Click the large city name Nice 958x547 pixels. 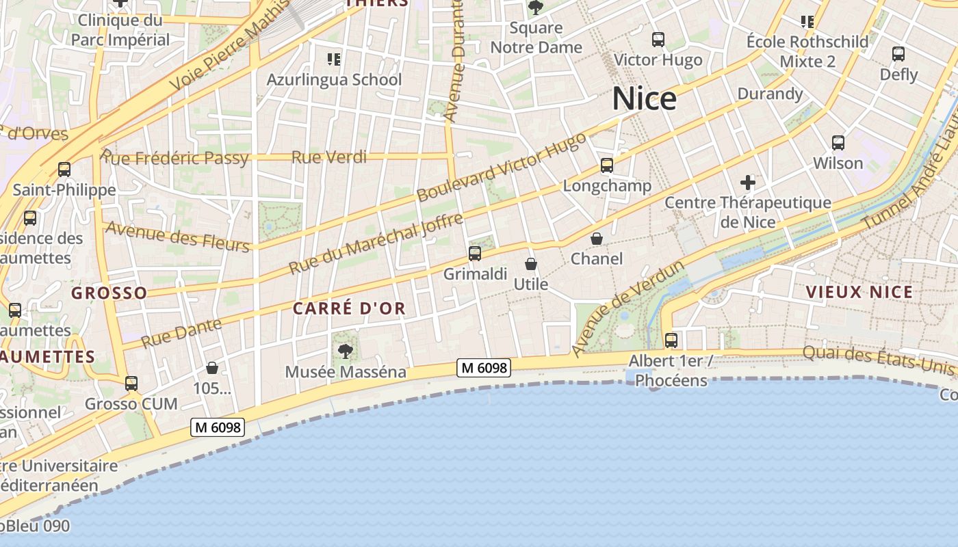click(x=644, y=99)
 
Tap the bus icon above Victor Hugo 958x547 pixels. click(x=658, y=40)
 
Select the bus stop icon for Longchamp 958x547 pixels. click(x=607, y=165)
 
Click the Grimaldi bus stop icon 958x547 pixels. click(x=475, y=254)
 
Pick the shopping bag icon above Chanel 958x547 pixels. click(x=597, y=239)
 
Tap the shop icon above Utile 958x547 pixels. click(x=531, y=263)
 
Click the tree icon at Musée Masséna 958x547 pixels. click(x=346, y=351)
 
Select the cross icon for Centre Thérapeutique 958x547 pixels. click(x=748, y=183)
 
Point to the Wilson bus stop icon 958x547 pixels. click(x=838, y=143)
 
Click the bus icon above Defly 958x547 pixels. click(x=898, y=54)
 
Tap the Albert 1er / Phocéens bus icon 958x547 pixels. click(x=671, y=340)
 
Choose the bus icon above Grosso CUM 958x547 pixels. click(x=131, y=384)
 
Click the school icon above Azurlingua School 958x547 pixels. click(x=334, y=59)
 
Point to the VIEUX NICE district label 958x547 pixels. click(x=859, y=293)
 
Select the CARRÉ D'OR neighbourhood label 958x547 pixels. click(x=349, y=308)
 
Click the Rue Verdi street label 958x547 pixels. click(x=329, y=157)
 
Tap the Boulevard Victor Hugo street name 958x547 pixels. click(x=501, y=168)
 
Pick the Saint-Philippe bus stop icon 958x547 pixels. click(x=64, y=170)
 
